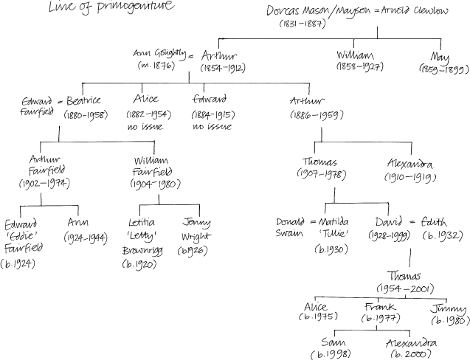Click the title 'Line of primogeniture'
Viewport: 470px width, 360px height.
(x=112, y=8)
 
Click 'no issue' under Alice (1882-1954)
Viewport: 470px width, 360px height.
(x=151, y=126)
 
